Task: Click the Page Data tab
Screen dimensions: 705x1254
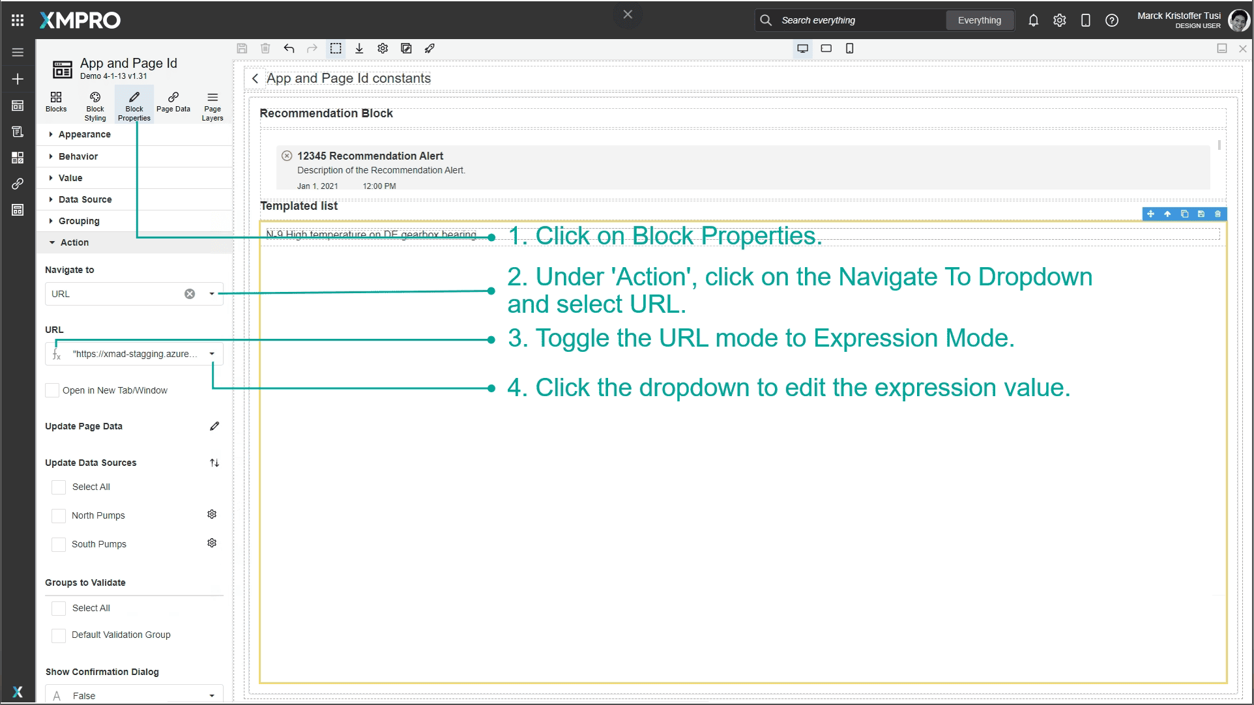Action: point(173,104)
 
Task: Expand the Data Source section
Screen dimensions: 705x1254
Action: point(85,199)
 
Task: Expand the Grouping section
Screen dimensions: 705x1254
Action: point(79,221)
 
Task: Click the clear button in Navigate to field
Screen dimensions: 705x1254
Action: point(190,294)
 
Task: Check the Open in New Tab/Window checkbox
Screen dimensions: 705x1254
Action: point(52,390)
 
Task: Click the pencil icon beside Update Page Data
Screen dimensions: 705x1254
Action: point(214,426)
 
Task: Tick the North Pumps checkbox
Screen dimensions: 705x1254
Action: point(59,515)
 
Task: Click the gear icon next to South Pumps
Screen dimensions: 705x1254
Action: point(212,543)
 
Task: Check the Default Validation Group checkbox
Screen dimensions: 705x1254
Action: point(59,635)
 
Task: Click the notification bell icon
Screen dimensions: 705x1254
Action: point(1033,20)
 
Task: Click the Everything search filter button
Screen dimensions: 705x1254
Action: point(979,20)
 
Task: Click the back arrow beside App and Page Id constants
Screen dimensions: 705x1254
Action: point(255,78)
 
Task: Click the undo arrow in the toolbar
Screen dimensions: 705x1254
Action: point(289,48)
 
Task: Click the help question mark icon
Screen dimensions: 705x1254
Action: point(1112,20)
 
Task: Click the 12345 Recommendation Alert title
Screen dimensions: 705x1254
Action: point(370,156)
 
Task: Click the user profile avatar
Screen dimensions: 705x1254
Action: point(1238,20)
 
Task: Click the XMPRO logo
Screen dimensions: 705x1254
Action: point(80,20)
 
